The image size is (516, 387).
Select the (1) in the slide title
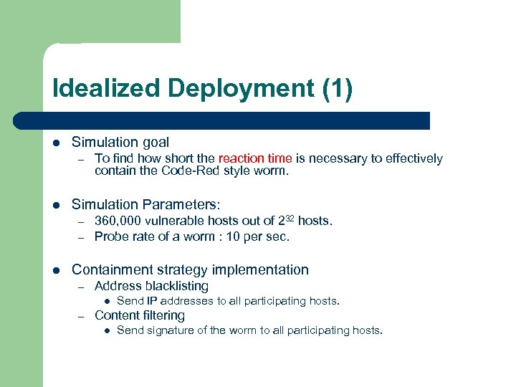pos(337,90)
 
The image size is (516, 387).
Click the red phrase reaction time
pos(255,158)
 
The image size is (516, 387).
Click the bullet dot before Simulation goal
pos(56,143)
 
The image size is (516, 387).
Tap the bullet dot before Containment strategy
pos(56,270)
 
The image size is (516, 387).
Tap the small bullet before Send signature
pos(105,331)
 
